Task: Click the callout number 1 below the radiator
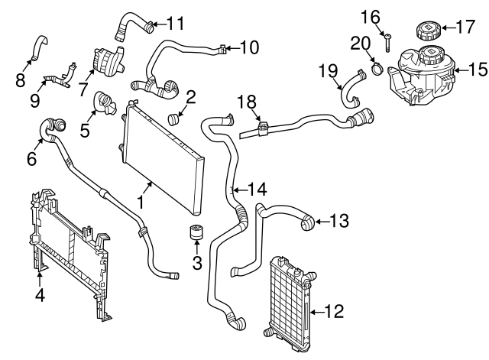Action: pos(141,202)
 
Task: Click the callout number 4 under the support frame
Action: pos(40,294)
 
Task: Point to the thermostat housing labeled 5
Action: pos(105,103)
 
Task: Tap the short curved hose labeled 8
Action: pos(37,47)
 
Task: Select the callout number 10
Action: pos(248,48)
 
